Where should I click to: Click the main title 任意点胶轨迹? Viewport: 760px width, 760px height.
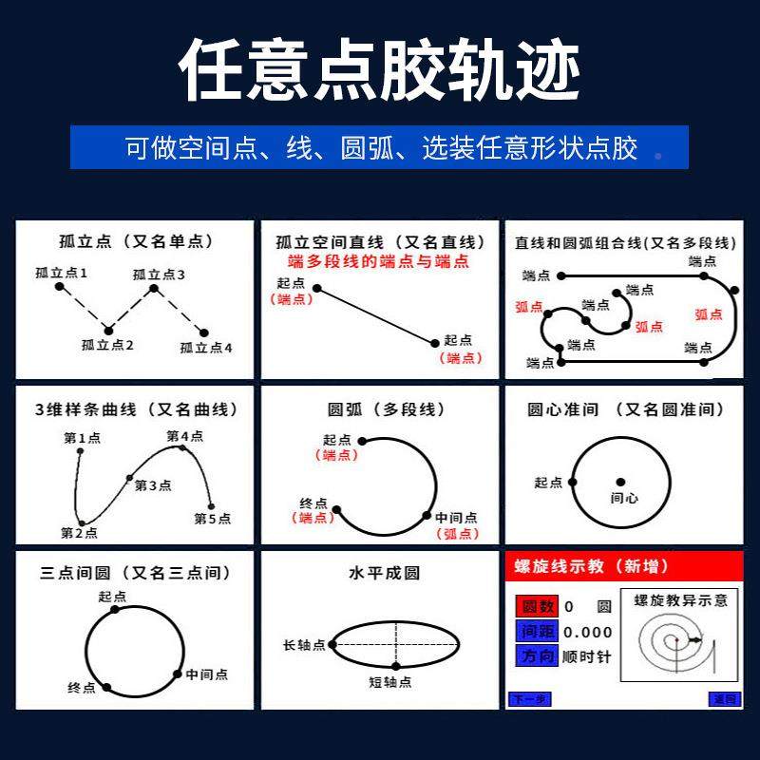point(380,71)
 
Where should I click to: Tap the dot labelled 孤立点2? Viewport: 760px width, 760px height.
point(107,330)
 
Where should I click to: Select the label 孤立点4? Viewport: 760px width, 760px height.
point(206,348)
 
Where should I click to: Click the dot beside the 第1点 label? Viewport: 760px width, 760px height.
point(80,451)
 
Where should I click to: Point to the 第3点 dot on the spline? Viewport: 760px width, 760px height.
point(130,477)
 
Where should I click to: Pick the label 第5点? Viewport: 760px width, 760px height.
point(212,519)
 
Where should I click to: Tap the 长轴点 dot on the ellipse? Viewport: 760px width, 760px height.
point(332,645)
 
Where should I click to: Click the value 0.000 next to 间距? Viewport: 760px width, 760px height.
point(588,632)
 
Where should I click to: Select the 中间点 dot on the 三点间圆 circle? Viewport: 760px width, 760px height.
point(178,674)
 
